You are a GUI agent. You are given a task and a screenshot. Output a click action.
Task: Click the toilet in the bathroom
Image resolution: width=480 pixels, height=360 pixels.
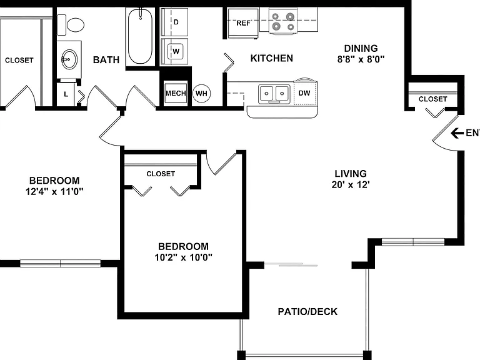pos(71,25)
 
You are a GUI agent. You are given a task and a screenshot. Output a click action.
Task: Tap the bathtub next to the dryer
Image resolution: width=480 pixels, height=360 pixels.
pos(140,36)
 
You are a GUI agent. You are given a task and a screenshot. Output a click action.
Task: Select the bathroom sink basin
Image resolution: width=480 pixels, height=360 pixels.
pos(69,59)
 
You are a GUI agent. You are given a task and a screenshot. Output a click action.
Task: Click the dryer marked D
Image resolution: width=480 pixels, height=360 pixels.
pos(174,22)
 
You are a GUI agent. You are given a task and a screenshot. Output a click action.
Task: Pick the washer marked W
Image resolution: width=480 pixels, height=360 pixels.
pos(174,51)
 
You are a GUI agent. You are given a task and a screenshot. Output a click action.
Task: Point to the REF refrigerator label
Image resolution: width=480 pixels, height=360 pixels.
pos(243,23)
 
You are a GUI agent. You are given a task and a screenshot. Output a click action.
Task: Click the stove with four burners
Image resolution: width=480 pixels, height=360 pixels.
pos(283,21)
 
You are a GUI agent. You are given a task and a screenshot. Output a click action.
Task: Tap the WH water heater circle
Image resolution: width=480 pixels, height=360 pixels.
pos(201,93)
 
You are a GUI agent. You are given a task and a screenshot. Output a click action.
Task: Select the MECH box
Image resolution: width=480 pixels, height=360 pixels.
pos(176,93)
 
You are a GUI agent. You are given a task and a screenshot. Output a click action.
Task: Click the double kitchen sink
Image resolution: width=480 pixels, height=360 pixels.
pos(274,94)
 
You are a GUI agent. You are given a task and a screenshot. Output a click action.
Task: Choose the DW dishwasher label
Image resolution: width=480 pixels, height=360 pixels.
pos(304,93)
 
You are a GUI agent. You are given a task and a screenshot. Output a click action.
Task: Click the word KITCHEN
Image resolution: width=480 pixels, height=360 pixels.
pos(271,58)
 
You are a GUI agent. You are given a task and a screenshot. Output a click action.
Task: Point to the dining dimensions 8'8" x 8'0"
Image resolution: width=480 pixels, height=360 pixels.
pos(361,59)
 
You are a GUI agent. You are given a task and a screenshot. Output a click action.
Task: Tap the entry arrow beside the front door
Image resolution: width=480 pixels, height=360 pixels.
pos(457,133)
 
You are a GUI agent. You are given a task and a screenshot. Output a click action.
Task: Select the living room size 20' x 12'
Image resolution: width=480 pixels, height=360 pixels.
pos(351,184)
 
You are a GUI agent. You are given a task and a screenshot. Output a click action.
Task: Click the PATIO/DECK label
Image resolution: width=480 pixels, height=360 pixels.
pos(307,312)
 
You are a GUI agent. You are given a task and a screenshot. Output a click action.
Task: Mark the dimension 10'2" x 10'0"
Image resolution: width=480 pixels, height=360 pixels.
pos(183,257)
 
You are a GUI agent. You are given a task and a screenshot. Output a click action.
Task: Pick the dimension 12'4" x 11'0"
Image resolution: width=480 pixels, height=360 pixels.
pos(54,192)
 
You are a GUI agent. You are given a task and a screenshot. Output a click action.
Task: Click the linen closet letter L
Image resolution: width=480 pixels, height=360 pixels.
pos(66,94)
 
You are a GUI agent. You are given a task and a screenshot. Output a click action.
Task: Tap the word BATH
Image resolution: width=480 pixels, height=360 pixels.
pos(106,60)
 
